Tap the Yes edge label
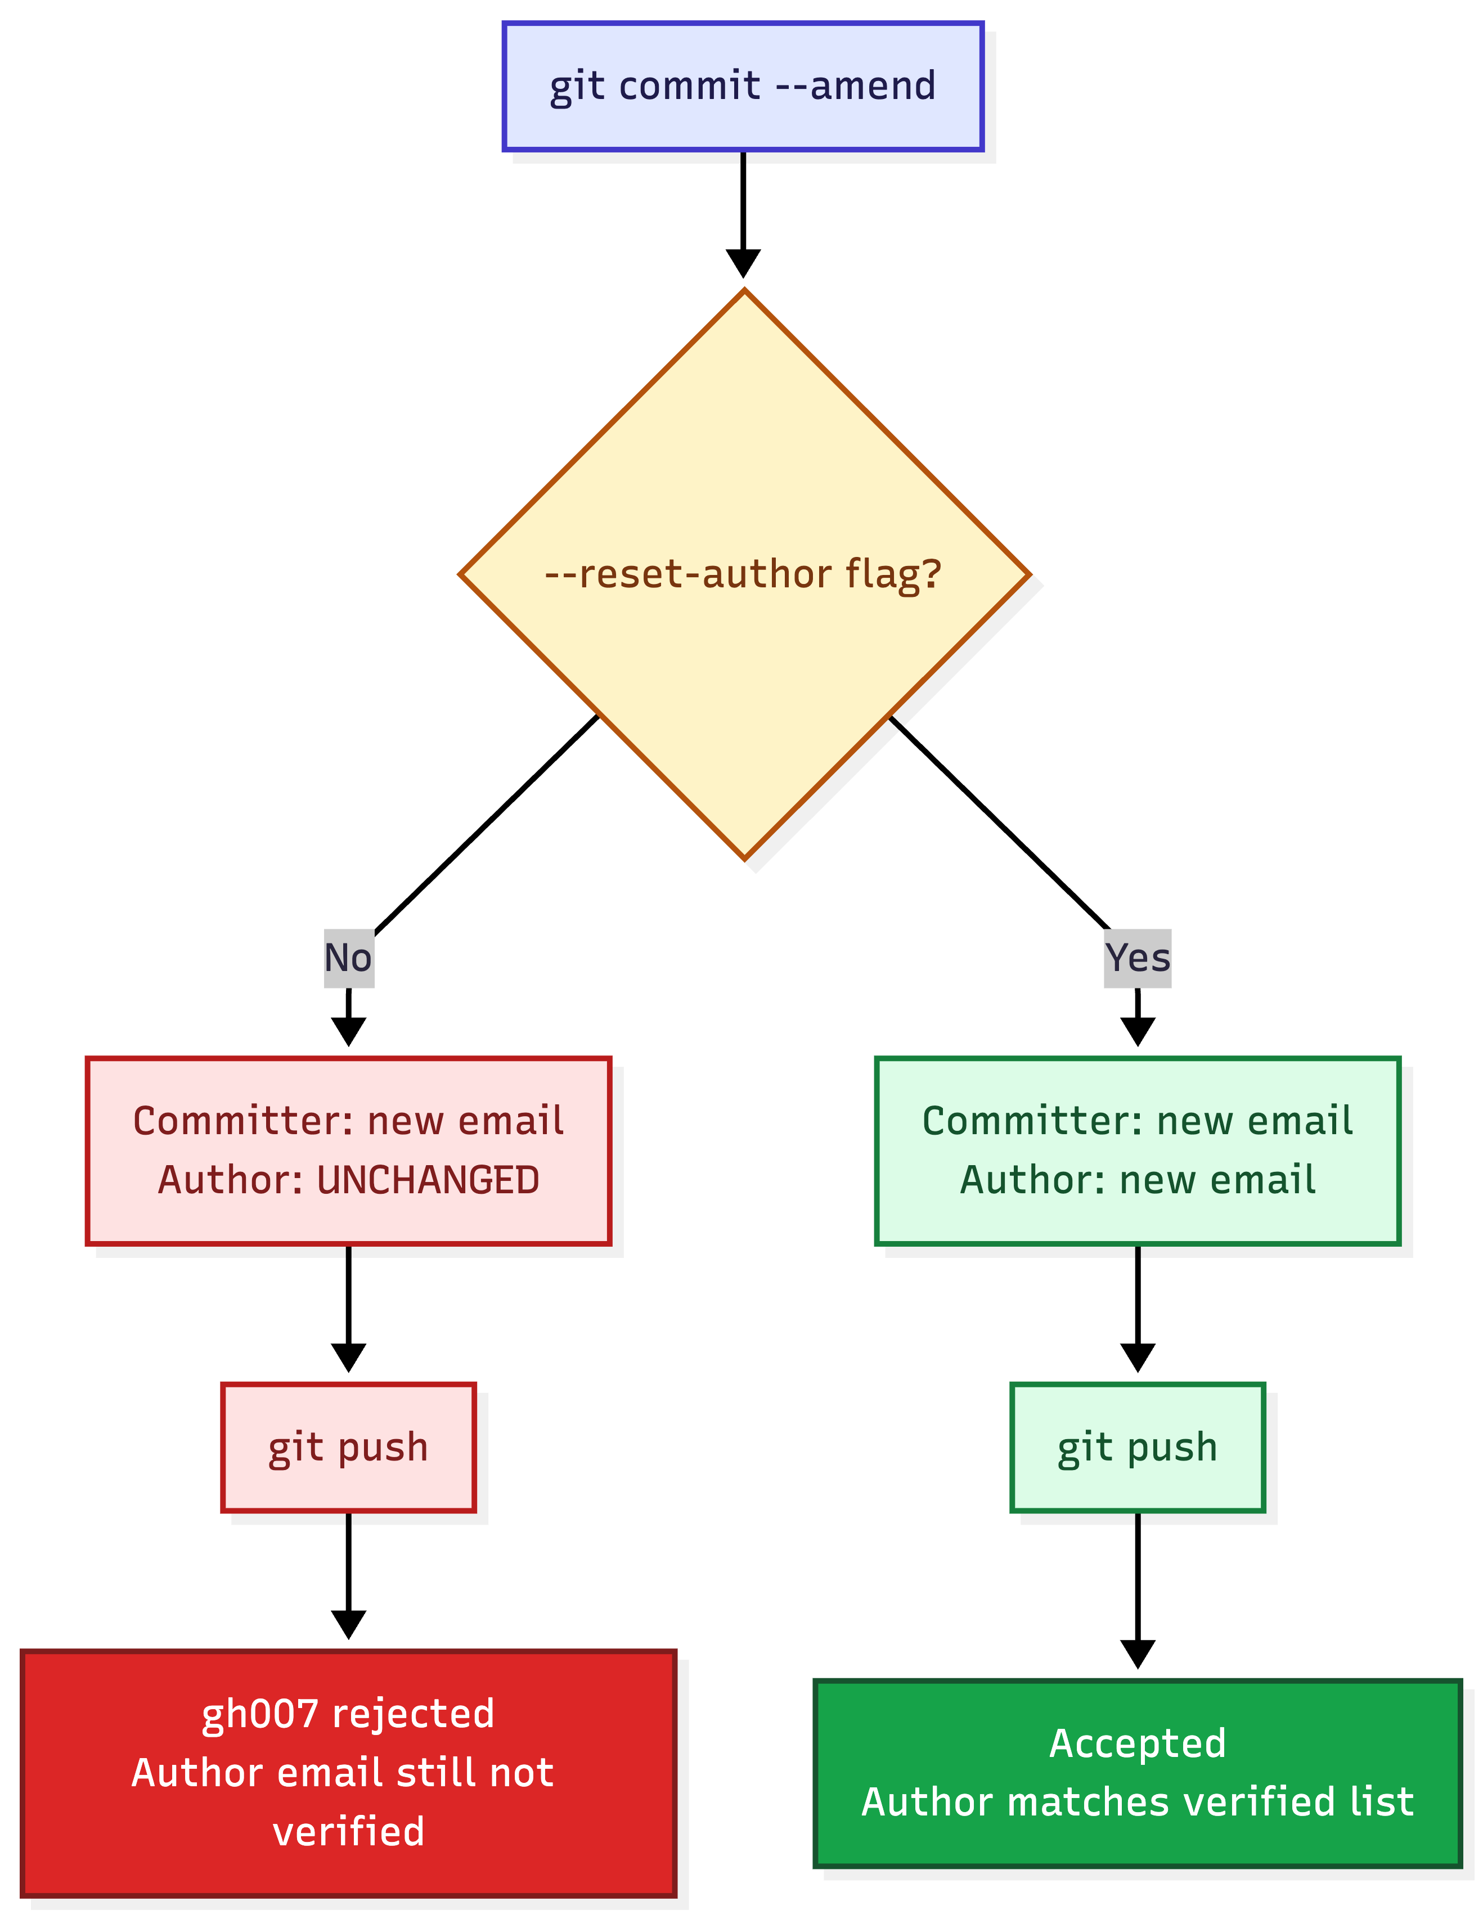[x=1137, y=958]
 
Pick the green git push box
[x=1137, y=1447]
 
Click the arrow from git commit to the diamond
[x=743, y=211]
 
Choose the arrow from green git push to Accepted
[x=1137, y=1586]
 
